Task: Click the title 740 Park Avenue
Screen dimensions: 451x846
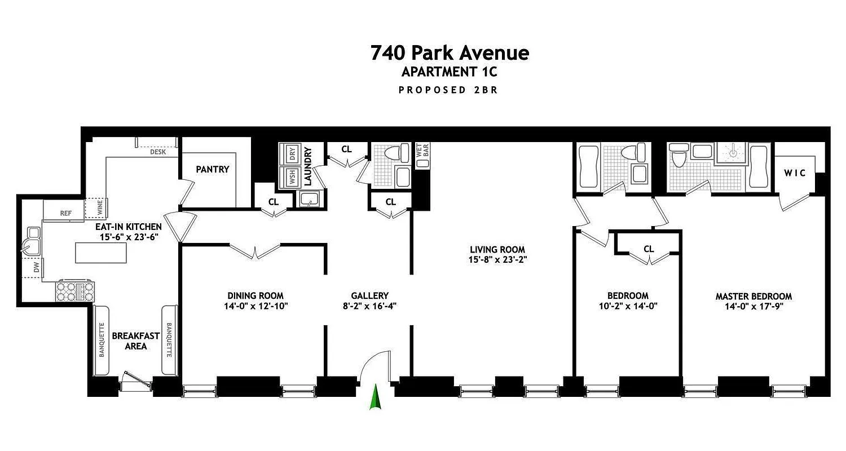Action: pyautogui.click(x=450, y=53)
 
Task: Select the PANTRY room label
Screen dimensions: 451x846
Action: pyautogui.click(x=213, y=169)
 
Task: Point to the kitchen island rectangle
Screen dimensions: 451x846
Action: pyautogui.click(x=101, y=253)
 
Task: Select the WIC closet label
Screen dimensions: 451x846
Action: pyautogui.click(x=795, y=173)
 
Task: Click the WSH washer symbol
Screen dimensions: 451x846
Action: pyautogui.click(x=293, y=178)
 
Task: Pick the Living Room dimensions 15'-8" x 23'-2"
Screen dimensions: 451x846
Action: pyautogui.click(x=497, y=260)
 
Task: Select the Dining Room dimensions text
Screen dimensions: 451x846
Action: pyautogui.click(x=255, y=306)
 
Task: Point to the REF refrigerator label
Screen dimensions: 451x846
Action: pyautogui.click(x=66, y=213)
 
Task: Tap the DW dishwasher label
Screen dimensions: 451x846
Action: pyautogui.click(x=37, y=268)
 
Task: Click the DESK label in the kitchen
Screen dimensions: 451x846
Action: pyautogui.click(x=157, y=152)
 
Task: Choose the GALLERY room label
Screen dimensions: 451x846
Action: pyautogui.click(x=369, y=296)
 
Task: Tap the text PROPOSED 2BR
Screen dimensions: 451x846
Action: pyautogui.click(x=448, y=90)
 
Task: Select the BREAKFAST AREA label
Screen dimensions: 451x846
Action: pyautogui.click(x=135, y=341)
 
